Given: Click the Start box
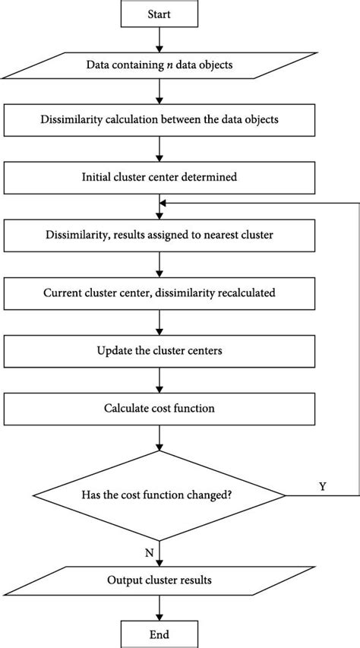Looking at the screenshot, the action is coord(159,14).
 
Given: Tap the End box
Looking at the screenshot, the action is coord(159,634).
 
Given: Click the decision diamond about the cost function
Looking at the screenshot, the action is coord(159,495).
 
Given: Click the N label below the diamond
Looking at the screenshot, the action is coord(149,553).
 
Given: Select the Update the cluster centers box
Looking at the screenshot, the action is coord(159,351).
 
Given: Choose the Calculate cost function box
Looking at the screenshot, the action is coord(159,409).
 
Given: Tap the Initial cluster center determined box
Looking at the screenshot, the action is coord(159,177).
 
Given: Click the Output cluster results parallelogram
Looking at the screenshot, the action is coord(159,580).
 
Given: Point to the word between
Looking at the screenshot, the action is coord(185,119).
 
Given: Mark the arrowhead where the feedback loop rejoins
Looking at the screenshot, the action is coord(163,203).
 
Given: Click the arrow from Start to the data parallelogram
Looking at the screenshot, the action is coord(159,40).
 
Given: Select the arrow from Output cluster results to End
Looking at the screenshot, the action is coord(159,608).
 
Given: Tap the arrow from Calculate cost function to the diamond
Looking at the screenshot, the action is coord(159,438).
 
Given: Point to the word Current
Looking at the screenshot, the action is coord(57,293).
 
